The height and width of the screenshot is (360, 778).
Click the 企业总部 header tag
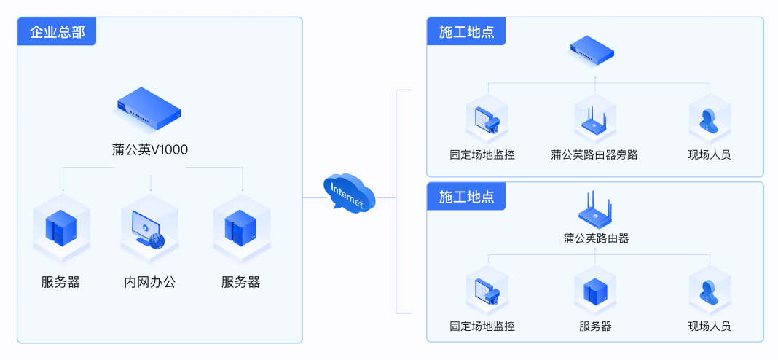click(x=57, y=32)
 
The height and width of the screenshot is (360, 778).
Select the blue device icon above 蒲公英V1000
click(x=149, y=106)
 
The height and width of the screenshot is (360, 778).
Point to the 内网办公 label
click(x=150, y=282)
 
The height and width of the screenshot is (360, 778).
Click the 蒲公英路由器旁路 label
click(x=594, y=154)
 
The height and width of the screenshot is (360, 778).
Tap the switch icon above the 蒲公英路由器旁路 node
click(x=592, y=50)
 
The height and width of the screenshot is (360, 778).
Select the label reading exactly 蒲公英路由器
click(x=596, y=238)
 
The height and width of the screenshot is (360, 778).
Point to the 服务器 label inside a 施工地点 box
click(x=595, y=326)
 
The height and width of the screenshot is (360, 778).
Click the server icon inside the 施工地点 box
click(x=595, y=291)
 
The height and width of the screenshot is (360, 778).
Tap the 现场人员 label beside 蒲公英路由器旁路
click(x=710, y=154)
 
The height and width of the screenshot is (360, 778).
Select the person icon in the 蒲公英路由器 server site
click(x=710, y=291)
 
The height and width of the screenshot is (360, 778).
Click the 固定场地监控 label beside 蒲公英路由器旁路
click(x=482, y=154)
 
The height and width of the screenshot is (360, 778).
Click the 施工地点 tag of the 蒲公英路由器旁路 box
click(x=466, y=32)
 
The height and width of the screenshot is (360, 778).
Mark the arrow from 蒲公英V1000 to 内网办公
click(x=150, y=182)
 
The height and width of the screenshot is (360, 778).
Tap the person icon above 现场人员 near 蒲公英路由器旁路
click(x=710, y=120)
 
